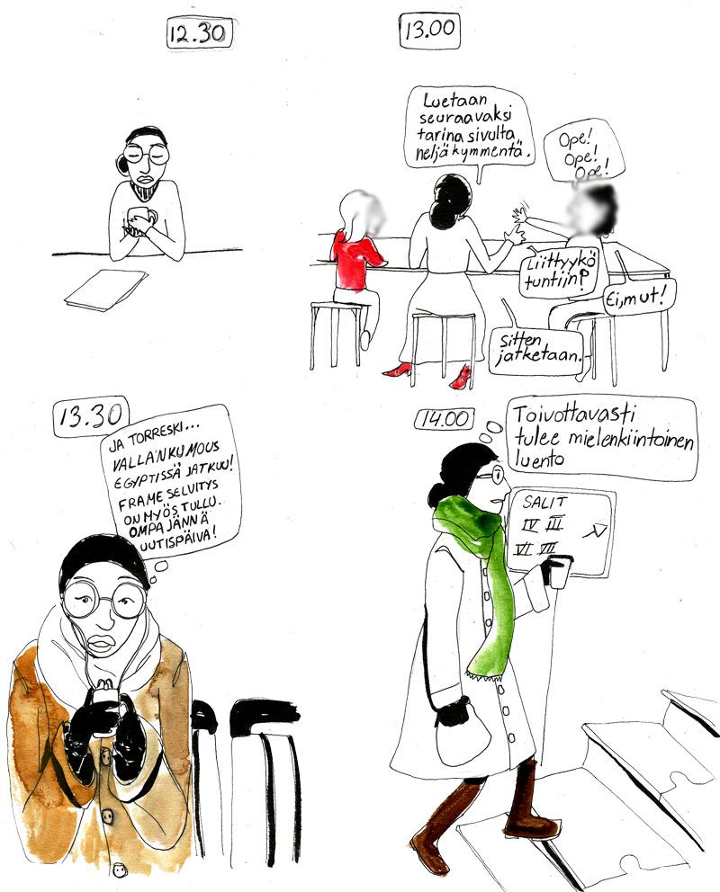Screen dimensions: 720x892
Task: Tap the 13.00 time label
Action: coord(430,30)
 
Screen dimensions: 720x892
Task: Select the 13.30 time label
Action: coord(91,417)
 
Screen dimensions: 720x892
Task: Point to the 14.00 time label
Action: coord(445,419)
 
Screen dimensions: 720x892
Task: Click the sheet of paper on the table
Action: coord(106,290)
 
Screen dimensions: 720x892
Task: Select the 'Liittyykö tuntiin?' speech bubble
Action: coord(552,273)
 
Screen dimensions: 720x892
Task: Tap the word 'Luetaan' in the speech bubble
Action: coord(455,101)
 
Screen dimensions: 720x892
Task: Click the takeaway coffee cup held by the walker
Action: coord(557,571)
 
